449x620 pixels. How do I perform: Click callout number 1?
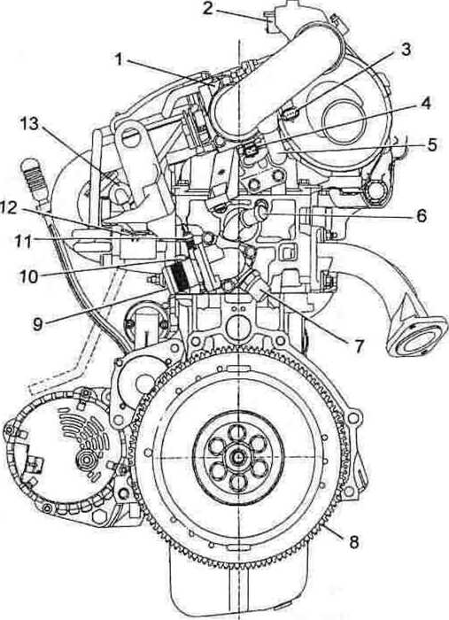point(118,59)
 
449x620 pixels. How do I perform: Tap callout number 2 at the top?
point(208,9)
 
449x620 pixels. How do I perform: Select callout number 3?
point(405,50)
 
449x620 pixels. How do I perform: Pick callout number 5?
point(431,145)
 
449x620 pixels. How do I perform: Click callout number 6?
point(421,216)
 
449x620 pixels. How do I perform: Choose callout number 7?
point(359,346)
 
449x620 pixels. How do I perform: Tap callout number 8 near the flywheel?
point(353,542)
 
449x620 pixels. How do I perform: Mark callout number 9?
point(37,324)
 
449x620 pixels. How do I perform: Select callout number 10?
point(29,276)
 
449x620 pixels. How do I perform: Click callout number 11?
point(23,241)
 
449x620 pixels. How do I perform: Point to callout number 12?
point(9,207)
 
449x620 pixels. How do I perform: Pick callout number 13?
point(29,124)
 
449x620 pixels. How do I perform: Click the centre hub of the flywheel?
point(239,458)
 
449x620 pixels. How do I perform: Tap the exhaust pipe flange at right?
point(415,337)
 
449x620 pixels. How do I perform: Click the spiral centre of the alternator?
point(85,460)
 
